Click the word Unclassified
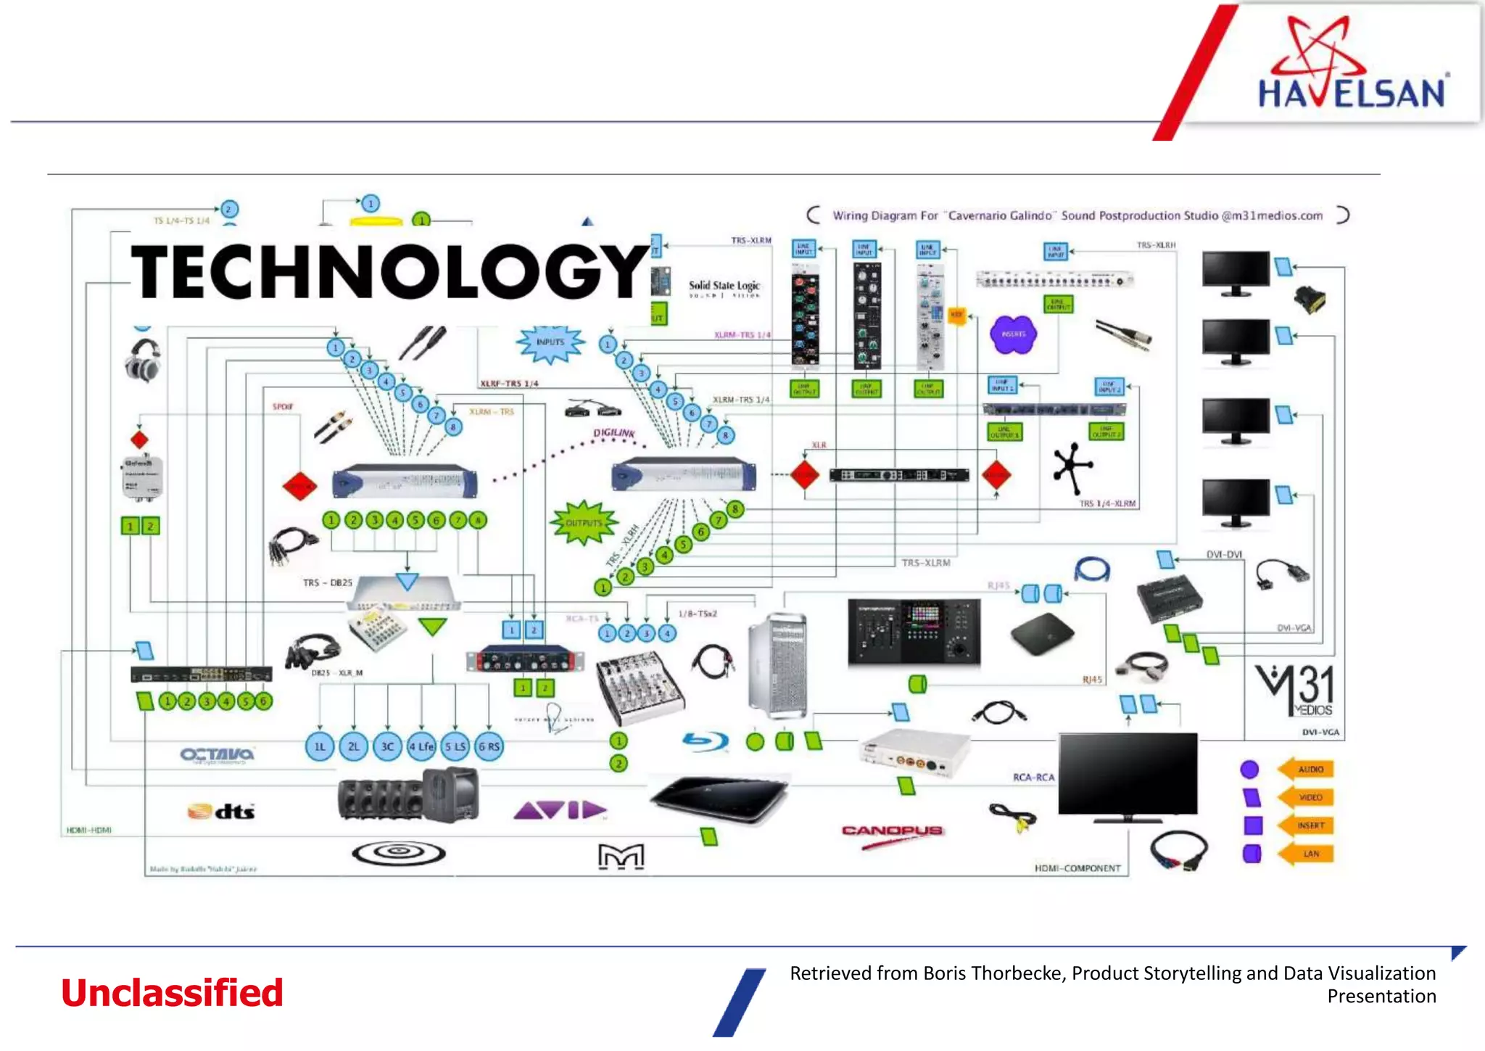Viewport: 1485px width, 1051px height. tap(172, 992)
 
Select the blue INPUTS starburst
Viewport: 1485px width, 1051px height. tap(550, 343)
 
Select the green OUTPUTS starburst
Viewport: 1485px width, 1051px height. tap(583, 523)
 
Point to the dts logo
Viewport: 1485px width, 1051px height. tap(222, 811)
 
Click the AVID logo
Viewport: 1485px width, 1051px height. tap(560, 809)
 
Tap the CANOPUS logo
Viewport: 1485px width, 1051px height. tap(892, 831)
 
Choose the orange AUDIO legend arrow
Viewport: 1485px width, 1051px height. tap(1307, 769)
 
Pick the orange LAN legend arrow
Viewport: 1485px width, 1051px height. tap(1307, 854)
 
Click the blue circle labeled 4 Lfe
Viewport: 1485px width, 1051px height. tap(421, 746)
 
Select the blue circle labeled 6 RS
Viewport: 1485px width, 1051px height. tap(489, 746)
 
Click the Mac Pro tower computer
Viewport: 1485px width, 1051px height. tap(777, 665)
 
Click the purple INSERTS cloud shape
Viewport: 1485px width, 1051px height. tap(1013, 334)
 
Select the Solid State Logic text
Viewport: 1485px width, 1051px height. tap(724, 287)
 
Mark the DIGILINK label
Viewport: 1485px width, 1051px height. tap(614, 433)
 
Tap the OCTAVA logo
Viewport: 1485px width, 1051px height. tap(217, 754)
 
